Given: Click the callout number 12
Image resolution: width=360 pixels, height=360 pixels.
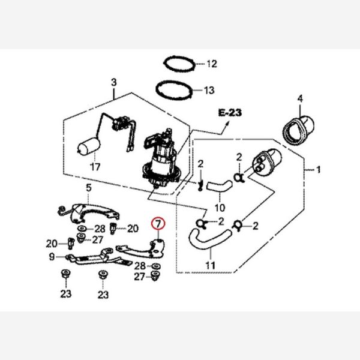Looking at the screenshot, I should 211,64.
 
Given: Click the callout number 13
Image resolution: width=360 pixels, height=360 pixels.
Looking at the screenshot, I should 209,91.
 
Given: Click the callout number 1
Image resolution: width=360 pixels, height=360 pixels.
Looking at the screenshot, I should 319,170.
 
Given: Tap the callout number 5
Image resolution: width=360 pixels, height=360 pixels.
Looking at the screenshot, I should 88,188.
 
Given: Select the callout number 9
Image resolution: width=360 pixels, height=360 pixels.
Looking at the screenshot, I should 52,256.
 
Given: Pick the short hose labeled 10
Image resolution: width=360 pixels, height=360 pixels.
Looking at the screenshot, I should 218,185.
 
